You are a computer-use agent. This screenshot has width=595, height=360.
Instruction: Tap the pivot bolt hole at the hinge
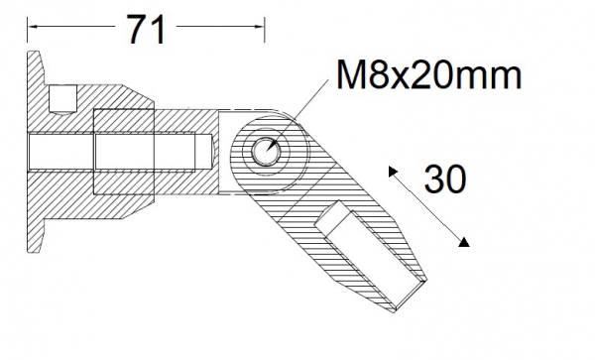coord(266,152)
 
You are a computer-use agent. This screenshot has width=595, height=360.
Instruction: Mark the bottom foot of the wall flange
coord(39,237)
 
